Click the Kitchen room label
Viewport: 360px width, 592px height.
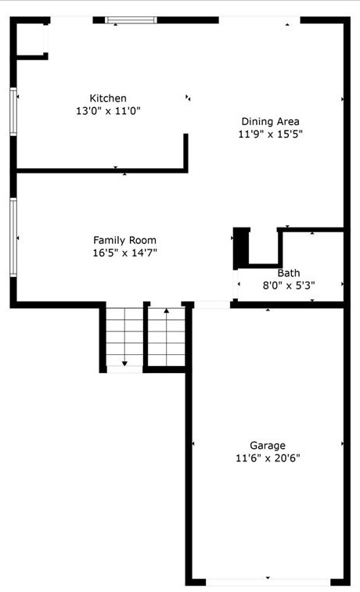pyautogui.click(x=108, y=99)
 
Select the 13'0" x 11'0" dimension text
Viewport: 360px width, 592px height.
pyautogui.click(x=108, y=111)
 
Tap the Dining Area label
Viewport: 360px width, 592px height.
pyautogui.click(x=270, y=121)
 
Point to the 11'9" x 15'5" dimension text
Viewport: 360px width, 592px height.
pyautogui.click(x=270, y=134)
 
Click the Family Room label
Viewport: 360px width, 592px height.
pyautogui.click(x=124, y=240)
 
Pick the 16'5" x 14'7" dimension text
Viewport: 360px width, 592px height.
pyautogui.click(x=124, y=253)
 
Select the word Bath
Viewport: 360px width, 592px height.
pyautogui.click(x=289, y=273)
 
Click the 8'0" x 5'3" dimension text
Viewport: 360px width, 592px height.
pyautogui.click(x=289, y=285)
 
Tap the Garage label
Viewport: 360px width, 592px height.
pyautogui.click(x=268, y=445)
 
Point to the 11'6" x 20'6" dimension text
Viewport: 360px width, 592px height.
pyautogui.click(x=268, y=457)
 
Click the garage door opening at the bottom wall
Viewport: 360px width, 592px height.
pyautogui.click(x=268, y=582)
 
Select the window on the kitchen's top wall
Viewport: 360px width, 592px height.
pyautogui.click(x=131, y=20)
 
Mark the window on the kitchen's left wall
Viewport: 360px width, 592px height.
pyautogui.click(x=13, y=112)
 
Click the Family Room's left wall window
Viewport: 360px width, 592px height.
pyautogui.click(x=13, y=237)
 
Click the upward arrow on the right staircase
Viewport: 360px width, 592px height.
pyautogui.click(x=166, y=312)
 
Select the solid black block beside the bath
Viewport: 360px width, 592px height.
pyautogui.click(x=241, y=246)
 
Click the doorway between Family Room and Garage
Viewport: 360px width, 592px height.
pyautogui.click(x=211, y=304)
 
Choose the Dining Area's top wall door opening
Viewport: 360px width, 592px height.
pyautogui.click(x=258, y=20)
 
